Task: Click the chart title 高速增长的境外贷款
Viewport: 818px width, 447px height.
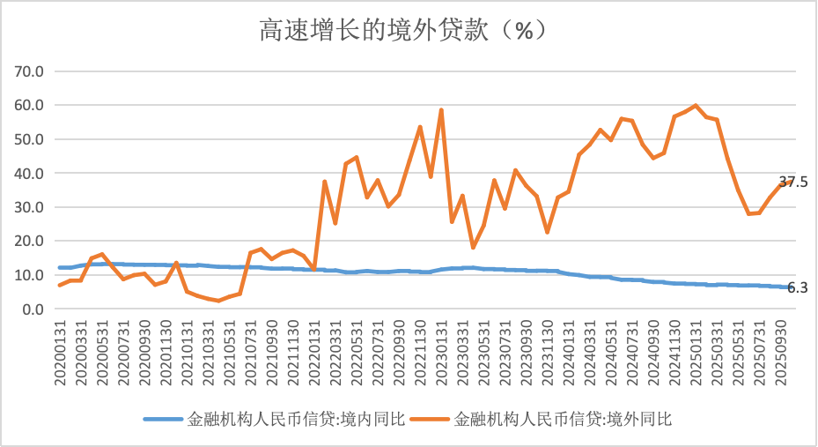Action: click(409, 31)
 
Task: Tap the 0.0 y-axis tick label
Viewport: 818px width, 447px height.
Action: click(32, 309)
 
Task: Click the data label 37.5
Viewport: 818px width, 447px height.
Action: click(793, 183)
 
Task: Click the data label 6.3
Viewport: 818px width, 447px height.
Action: click(798, 287)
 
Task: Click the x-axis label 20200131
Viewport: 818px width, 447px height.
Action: click(61, 351)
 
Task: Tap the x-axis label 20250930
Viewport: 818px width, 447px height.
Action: click(779, 351)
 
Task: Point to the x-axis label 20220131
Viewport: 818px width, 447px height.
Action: click(314, 351)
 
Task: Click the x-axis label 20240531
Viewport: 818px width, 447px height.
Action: click(610, 351)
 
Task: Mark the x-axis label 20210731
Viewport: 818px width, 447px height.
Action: click(251, 351)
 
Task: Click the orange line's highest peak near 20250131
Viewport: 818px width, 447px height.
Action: click(696, 105)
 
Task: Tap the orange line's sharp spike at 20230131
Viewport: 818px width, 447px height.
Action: click(441, 110)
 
